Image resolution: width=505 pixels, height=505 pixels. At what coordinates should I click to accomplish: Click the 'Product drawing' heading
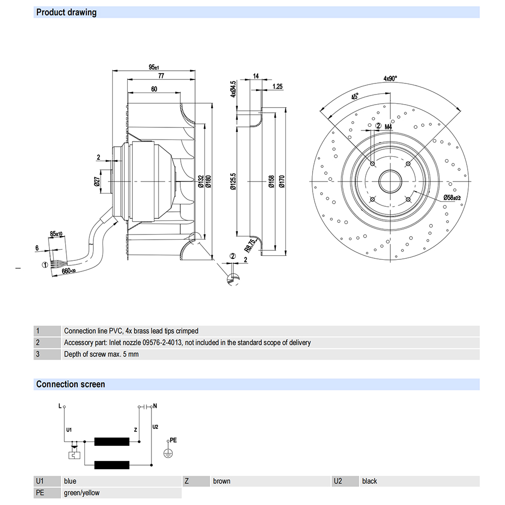tap(66, 12)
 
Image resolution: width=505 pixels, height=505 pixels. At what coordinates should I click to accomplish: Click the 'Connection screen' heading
tap(71, 384)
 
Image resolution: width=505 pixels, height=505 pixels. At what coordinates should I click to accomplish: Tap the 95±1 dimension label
tap(154, 67)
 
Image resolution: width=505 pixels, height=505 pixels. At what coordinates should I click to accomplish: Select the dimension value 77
tap(162, 76)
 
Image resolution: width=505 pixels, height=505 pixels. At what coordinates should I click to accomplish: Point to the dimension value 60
tap(154, 89)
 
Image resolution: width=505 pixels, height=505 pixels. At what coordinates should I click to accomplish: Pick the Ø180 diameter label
tap(208, 180)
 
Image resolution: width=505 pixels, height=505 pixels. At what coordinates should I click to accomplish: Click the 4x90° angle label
tap(390, 78)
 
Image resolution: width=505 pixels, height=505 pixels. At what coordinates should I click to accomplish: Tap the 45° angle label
tap(355, 96)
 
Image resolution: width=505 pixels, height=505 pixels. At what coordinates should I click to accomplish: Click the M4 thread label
tap(388, 126)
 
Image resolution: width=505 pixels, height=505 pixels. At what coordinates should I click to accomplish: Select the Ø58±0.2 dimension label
tap(452, 197)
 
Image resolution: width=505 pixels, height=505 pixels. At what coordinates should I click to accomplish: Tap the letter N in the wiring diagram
tap(155, 405)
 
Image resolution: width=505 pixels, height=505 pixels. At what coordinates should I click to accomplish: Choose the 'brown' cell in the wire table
tap(222, 481)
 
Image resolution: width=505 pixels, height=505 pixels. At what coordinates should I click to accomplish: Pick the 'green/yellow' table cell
tap(82, 493)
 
